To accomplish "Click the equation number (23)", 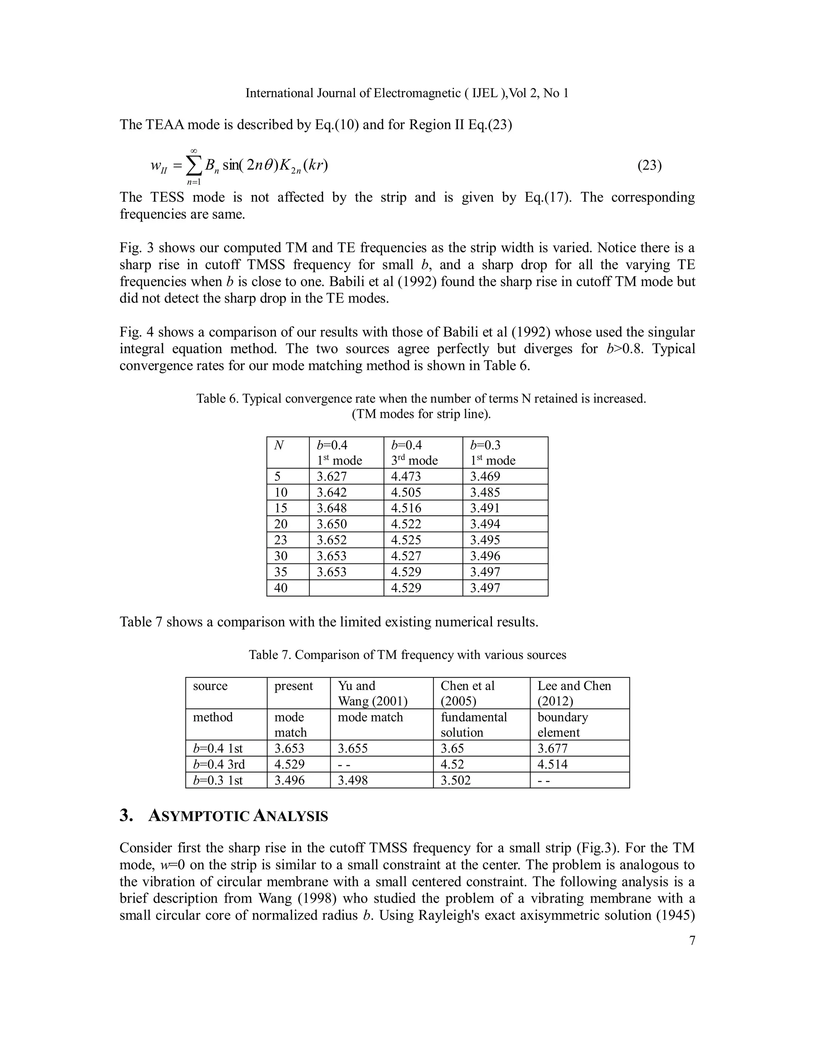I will (649, 166).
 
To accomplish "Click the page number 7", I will (692, 940).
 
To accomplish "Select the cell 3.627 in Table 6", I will (331, 476).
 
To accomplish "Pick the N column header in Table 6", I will (278, 445).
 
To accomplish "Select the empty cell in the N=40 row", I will (346, 588).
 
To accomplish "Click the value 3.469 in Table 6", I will (485, 476).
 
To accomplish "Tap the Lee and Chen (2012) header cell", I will (574, 693).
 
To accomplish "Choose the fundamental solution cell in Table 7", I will (473, 724).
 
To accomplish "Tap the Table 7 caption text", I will (407, 655).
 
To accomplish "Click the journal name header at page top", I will (407, 93).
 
